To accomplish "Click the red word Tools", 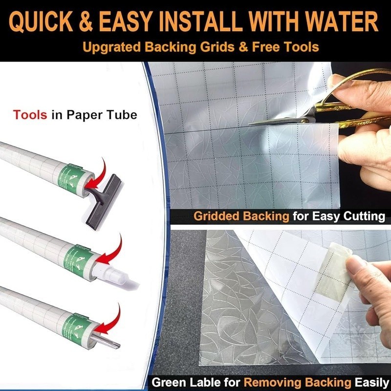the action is pyautogui.click(x=30, y=115).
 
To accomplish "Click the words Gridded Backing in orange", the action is pyautogui.click(x=241, y=216).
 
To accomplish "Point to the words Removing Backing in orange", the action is pyautogui.click(x=297, y=382).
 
